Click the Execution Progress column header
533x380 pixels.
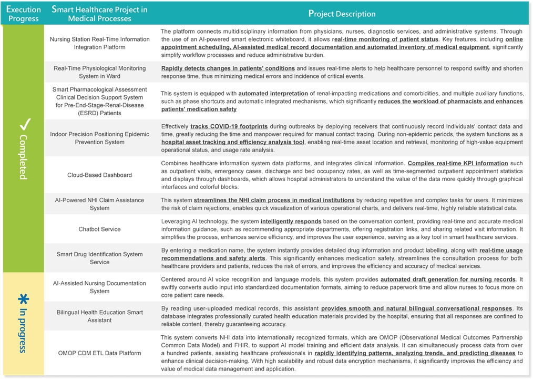pyautogui.click(x=24, y=14)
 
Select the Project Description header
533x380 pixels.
pyautogui.click(x=342, y=14)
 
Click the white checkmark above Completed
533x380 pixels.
pyautogui.click(x=24, y=124)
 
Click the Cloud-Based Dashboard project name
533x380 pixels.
pyautogui.click(x=99, y=175)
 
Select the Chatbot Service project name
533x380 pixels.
pyautogui.click(x=99, y=229)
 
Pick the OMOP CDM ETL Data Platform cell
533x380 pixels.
pyautogui.click(x=99, y=353)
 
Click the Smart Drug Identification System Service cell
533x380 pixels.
pyautogui.click(x=99, y=258)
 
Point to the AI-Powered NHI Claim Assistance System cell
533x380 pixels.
pyautogui.click(x=99, y=204)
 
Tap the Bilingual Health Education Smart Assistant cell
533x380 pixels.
pyautogui.click(x=99, y=316)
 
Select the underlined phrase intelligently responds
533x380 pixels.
pyautogui.click(x=291, y=222)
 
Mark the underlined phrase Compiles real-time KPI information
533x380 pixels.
pyautogui.click(x=457, y=163)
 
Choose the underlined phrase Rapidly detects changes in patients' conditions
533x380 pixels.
pyautogui.click(x=228, y=68)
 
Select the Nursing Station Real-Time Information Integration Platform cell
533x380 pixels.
pyautogui.click(x=99, y=43)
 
